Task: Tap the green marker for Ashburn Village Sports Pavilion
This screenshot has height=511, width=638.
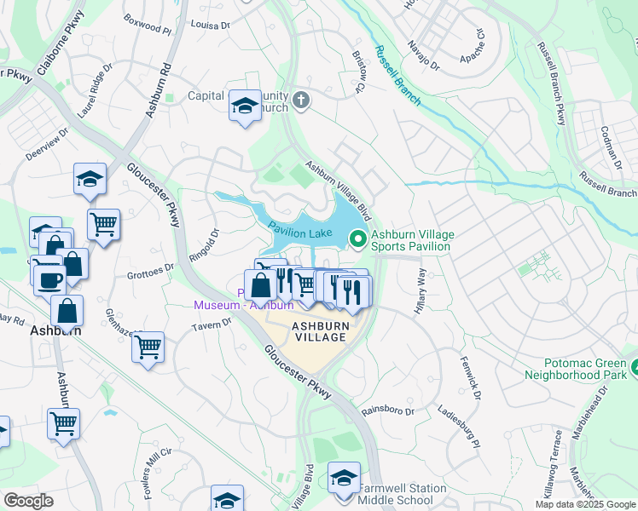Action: pos(358,240)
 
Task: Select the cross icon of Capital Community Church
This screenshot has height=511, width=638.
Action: pos(300,101)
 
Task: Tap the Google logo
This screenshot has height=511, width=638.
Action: pos(28,501)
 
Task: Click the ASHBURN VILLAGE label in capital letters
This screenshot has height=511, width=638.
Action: pos(320,331)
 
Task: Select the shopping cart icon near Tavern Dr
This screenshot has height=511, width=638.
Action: pos(148,347)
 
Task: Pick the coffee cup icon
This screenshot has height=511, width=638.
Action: pos(49,278)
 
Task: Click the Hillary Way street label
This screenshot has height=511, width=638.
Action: pos(420,291)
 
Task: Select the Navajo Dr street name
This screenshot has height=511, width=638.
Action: pos(422,55)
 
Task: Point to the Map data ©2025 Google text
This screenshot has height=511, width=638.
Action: pos(584,504)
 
